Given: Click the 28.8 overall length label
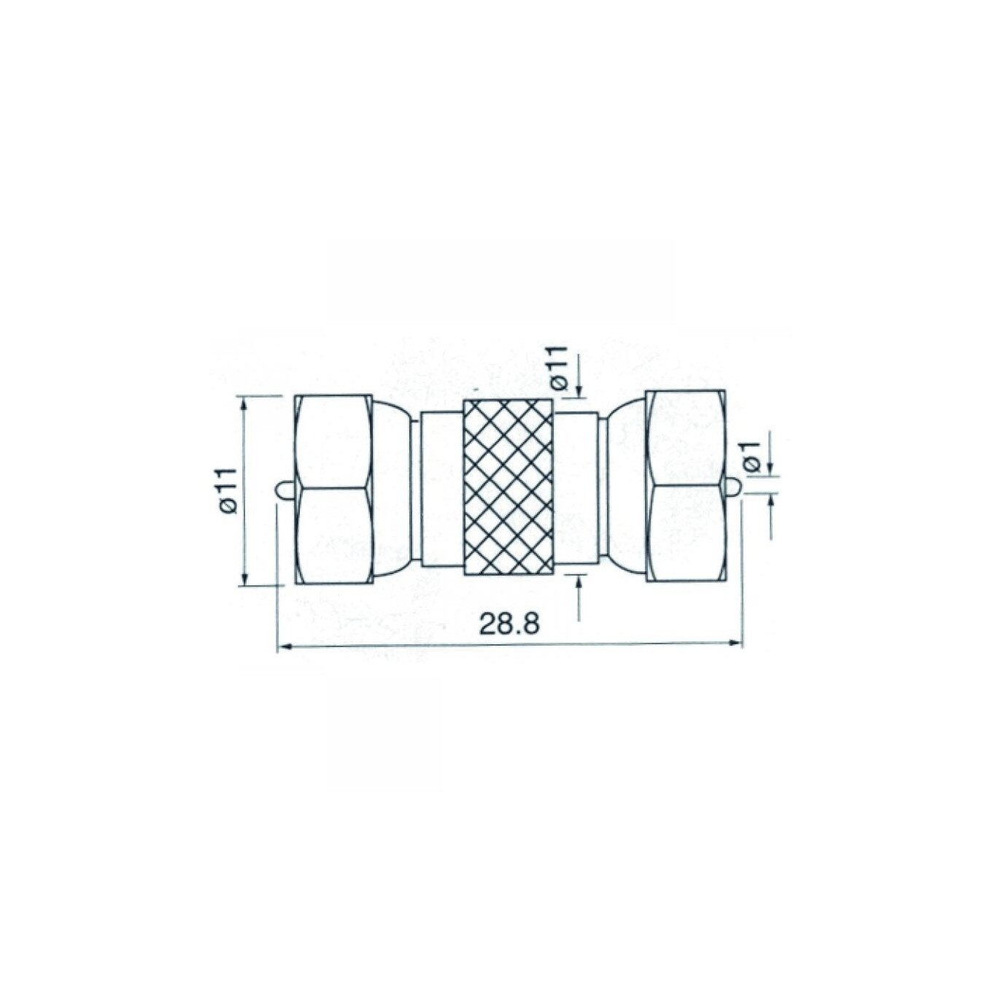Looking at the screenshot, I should (x=509, y=624).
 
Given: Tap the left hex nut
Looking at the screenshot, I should (x=333, y=490).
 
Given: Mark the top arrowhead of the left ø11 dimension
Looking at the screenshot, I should (x=244, y=402).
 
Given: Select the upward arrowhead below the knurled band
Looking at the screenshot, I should (x=580, y=581).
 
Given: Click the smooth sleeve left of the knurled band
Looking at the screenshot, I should (x=440, y=490).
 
